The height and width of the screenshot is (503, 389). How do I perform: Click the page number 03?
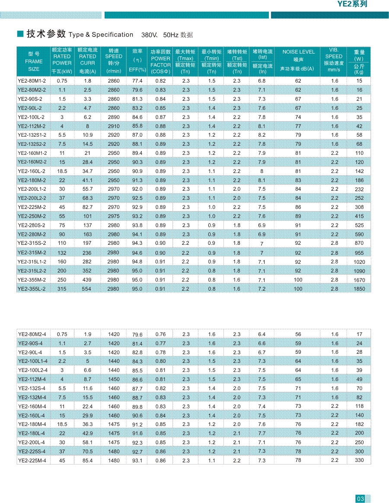360,499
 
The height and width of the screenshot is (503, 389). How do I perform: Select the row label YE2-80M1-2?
32,81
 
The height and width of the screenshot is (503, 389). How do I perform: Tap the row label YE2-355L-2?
32,289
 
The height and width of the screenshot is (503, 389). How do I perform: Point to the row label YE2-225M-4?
32,461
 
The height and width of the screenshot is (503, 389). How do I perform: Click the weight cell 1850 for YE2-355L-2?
359,289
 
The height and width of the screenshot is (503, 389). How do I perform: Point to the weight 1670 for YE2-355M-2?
359,280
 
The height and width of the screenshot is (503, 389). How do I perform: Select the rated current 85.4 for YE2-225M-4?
88,461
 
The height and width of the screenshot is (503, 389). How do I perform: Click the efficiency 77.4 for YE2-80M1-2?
137,81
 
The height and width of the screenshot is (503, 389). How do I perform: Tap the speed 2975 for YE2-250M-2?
114,216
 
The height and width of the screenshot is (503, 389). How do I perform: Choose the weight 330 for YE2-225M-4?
359,460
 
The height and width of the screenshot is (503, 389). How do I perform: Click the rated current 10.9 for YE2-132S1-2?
88,135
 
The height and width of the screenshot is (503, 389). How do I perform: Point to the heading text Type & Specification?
101,35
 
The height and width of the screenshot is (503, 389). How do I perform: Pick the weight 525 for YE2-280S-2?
359,225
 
